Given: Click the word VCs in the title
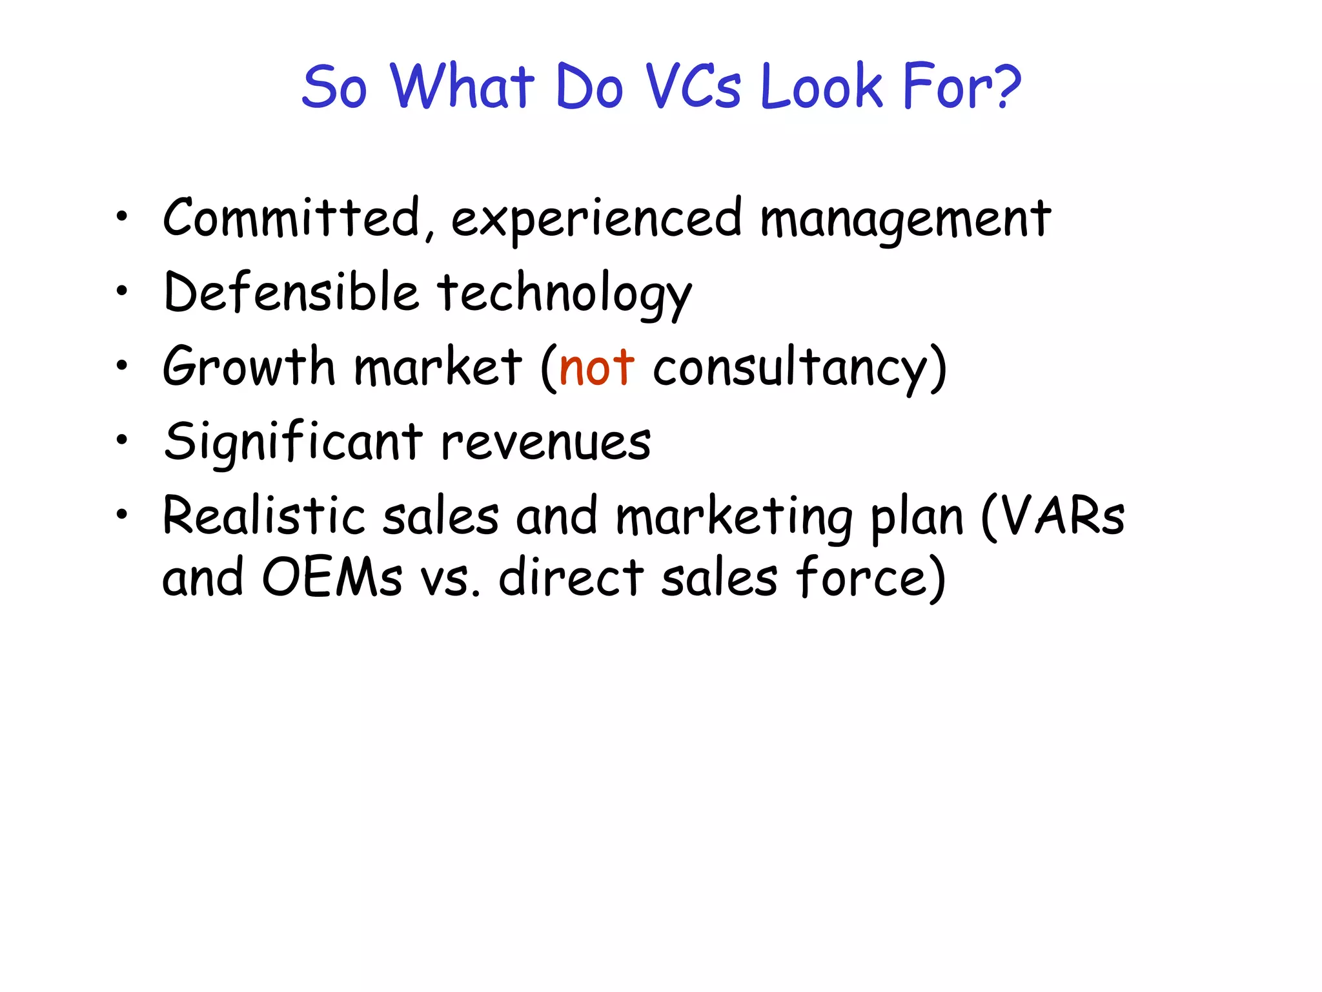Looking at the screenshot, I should tap(693, 87).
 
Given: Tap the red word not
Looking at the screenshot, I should tap(596, 368).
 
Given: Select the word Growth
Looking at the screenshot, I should tap(249, 367).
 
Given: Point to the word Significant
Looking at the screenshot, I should tap(293, 443).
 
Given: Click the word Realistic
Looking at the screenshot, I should tap(265, 517).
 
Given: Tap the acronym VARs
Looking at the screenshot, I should tap(1063, 517).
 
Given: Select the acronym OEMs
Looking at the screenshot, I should tap(333, 577).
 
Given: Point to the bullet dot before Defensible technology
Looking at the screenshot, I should tap(121, 291).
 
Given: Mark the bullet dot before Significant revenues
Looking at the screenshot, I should tap(121, 440).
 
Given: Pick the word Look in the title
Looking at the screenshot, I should tap(821, 87).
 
